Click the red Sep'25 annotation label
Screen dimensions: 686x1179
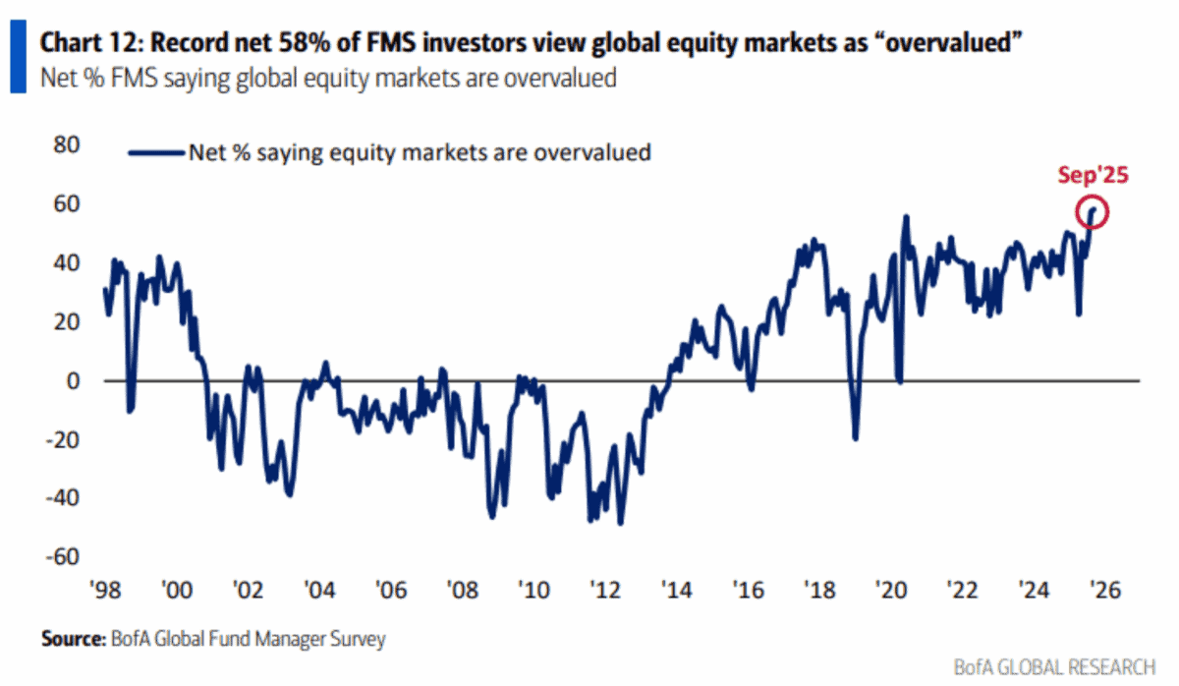(x=1093, y=176)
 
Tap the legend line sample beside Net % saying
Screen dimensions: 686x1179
(x=156, y=152)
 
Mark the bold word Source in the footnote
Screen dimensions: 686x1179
(x=72, y=640)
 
